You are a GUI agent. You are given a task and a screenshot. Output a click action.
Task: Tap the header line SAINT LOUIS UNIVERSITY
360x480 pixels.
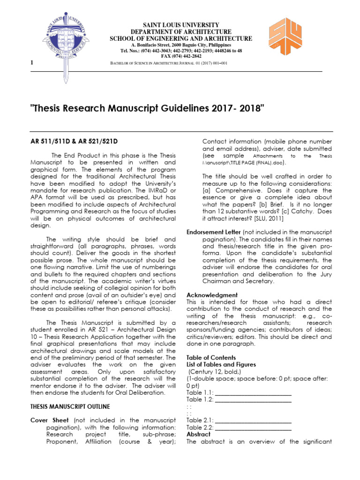point(180,24)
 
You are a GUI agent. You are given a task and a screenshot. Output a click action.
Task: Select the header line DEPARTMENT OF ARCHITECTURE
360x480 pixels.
point(180,31)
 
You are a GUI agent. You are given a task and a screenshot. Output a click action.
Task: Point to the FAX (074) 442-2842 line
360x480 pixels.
point(180,56)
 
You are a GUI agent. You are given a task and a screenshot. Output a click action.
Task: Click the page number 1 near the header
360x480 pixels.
point(31,63)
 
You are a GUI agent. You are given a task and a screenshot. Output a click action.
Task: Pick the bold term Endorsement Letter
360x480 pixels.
point(214,232)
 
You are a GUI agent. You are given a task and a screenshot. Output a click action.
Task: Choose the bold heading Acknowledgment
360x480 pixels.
point(212,295)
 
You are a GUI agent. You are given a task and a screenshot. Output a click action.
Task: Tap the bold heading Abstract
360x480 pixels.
point(199,434)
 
